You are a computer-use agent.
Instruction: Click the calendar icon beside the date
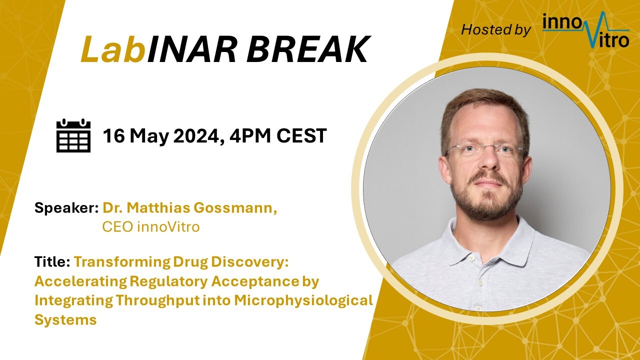73,135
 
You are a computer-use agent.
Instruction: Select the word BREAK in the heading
307,49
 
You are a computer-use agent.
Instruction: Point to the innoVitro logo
585,29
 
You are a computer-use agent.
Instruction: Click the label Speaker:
66,208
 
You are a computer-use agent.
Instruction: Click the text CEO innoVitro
151,227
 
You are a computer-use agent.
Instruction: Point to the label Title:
52,261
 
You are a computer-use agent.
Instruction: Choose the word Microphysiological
303,301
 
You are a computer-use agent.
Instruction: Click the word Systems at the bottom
65,319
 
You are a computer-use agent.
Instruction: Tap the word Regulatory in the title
168,281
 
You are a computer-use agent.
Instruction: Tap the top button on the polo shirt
471,258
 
